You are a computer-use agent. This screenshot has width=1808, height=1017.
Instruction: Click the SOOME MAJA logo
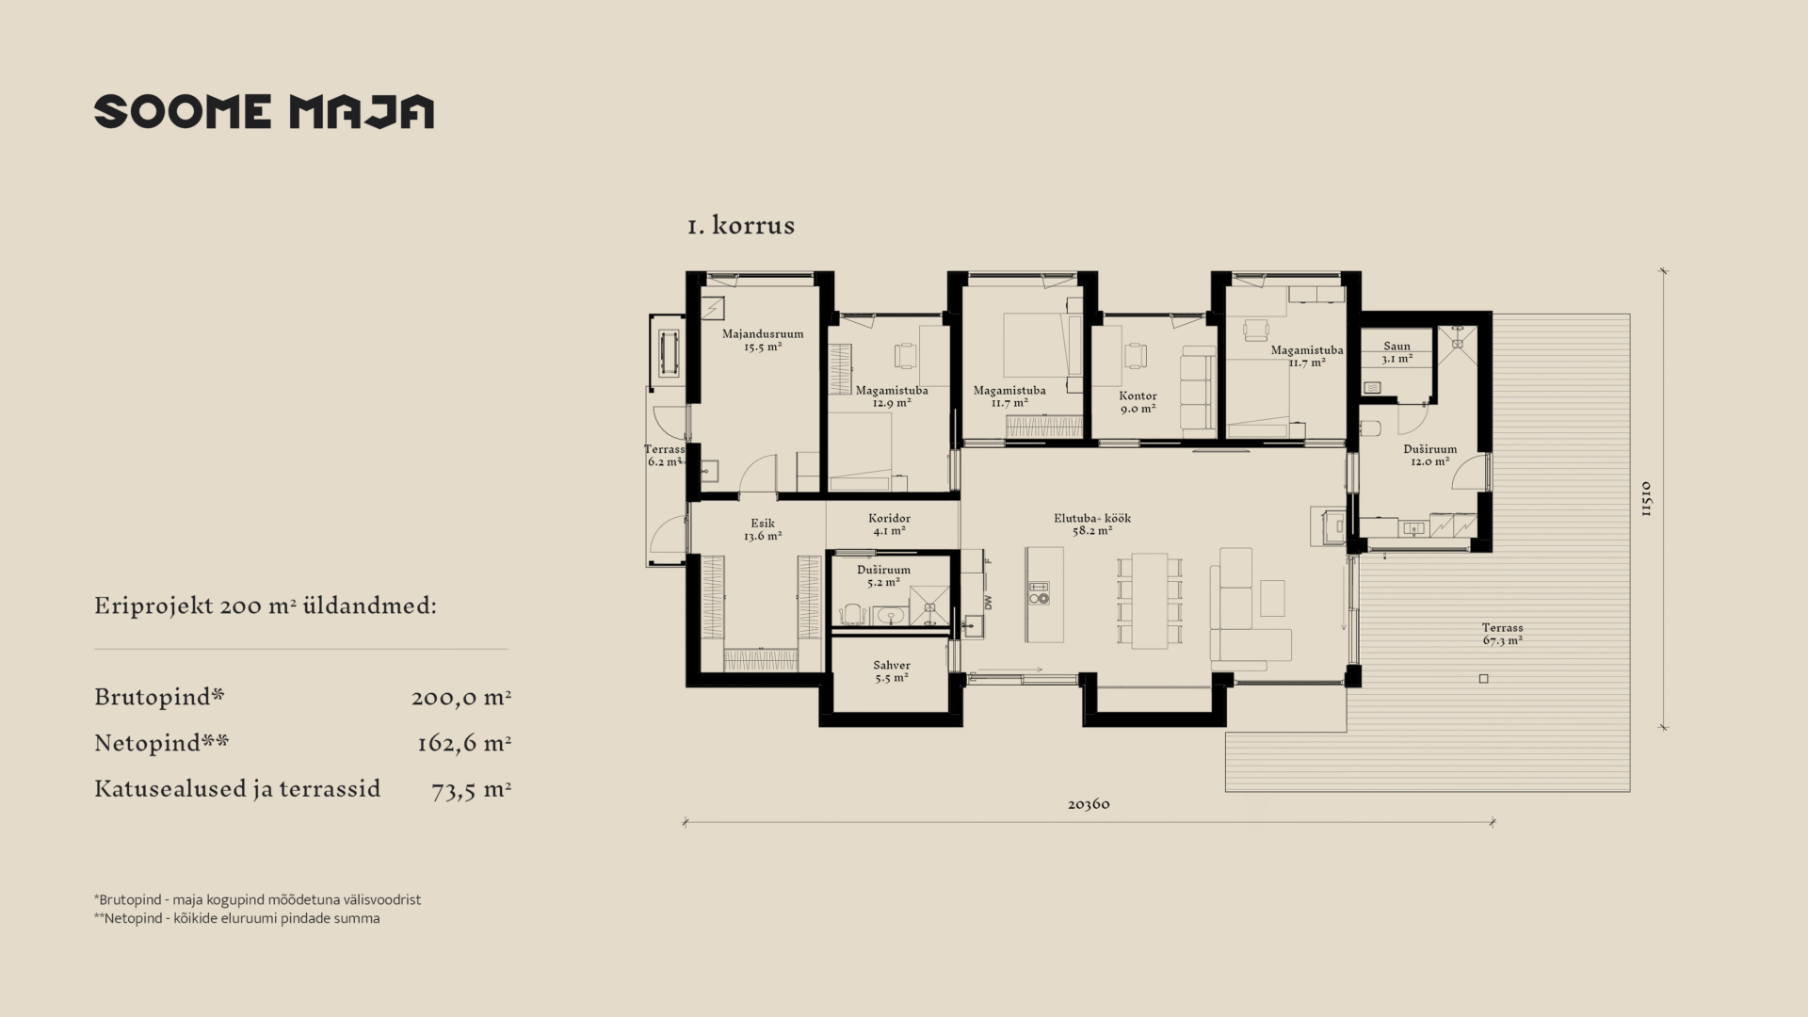[264, 111]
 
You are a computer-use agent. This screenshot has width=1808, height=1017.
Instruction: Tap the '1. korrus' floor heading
[741, 225]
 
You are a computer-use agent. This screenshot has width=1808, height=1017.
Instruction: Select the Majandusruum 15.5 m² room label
[763, 340]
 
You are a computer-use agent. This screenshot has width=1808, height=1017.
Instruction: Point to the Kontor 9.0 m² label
[1138, 402]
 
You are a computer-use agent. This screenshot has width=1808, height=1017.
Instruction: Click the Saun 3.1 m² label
[1396, 352]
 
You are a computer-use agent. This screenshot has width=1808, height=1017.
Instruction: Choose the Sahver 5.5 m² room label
[891, 671]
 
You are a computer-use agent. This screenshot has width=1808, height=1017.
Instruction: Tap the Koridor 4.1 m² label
[889, 525]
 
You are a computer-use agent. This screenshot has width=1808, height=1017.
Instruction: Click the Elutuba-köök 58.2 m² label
[1092, 525]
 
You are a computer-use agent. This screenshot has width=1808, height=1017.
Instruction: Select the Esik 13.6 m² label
[763, 529]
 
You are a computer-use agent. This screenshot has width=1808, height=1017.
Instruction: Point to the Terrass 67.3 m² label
[1502, 634]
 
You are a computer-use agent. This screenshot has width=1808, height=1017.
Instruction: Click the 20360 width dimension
[1089, 804]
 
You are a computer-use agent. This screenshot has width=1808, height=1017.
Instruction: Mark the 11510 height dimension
[1646, 499]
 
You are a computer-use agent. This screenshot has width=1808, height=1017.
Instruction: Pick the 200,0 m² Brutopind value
[461, 698]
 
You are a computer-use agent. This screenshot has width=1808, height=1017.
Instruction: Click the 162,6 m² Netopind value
[463, 744]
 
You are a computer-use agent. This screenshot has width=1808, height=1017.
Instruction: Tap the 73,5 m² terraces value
[471, 790]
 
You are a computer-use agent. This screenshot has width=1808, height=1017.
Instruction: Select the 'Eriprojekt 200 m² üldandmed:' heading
[266, 605]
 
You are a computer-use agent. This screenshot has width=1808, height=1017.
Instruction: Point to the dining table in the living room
[1150, 601]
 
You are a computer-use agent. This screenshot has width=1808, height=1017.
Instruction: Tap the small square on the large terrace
[1484, 679]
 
